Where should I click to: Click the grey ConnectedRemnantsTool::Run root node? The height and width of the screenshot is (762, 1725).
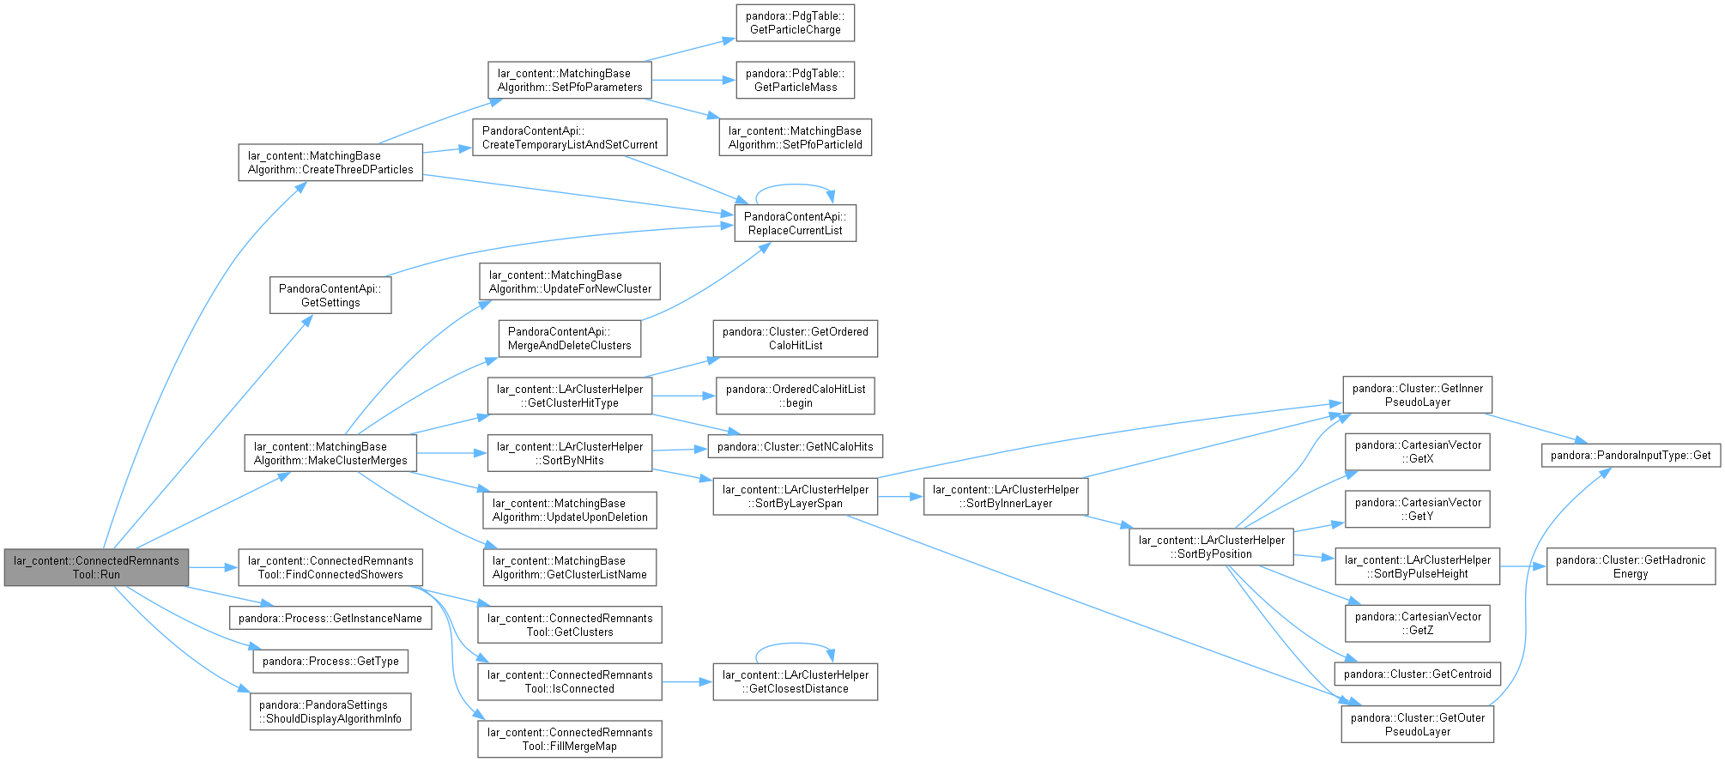point(96,567)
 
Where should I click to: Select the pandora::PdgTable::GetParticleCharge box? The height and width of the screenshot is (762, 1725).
point(795,22)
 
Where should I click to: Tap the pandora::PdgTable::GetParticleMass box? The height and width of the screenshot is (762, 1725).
point(795,80)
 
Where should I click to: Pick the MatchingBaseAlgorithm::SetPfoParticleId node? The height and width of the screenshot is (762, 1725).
point(795,137)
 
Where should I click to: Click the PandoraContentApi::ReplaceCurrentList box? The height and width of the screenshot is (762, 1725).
point(795,223)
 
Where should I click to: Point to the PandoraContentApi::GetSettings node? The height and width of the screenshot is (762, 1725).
point(330,295)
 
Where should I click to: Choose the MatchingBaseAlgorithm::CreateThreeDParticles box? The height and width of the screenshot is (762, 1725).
point(330,162)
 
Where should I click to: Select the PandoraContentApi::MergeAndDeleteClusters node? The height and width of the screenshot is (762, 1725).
point(570,338)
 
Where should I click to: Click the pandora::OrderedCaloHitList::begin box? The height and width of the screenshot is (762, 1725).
point(796,396)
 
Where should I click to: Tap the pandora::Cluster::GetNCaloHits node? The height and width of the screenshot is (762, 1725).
point(795,446)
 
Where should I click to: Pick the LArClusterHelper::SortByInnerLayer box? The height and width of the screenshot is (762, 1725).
point(1006,496)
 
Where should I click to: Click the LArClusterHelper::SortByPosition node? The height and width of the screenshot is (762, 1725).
point(1211,547)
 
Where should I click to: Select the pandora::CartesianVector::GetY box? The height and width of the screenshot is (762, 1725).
point(1418,509)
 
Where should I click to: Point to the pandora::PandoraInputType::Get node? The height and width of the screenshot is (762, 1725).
point(1631,455)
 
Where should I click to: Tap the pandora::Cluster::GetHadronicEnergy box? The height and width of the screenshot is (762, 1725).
point(1631,566)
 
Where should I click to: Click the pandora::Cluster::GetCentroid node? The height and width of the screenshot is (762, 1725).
point(1418,674)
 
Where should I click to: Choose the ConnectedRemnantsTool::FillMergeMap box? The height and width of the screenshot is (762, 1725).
point(570,739)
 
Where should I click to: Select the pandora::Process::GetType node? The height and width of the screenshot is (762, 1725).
point(330,661)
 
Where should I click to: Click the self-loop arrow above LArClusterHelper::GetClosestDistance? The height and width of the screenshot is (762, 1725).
point(795,644)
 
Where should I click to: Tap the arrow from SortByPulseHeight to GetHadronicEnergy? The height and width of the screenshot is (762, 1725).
point(1523,566)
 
